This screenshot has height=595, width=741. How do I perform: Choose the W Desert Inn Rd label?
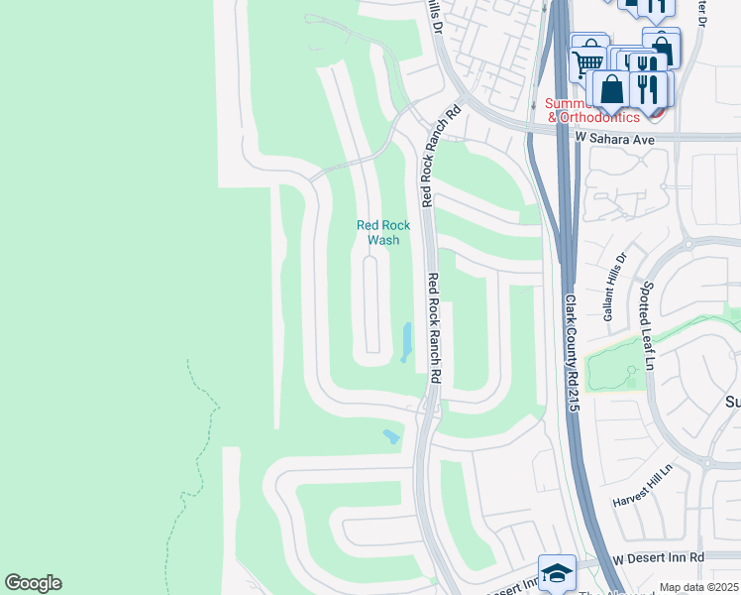[659, 558]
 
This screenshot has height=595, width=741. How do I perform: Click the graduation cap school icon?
[557, 573]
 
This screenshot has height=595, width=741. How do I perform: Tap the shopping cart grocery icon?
[588, 59]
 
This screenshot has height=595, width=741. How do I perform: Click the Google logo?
[33, 583]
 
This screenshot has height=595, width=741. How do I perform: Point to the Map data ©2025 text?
[698, 588]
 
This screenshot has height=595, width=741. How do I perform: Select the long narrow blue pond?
[407, 342]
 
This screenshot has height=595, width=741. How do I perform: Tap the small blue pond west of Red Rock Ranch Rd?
[391, 435]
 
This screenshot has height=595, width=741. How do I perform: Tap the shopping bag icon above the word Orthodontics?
[612, 88]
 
